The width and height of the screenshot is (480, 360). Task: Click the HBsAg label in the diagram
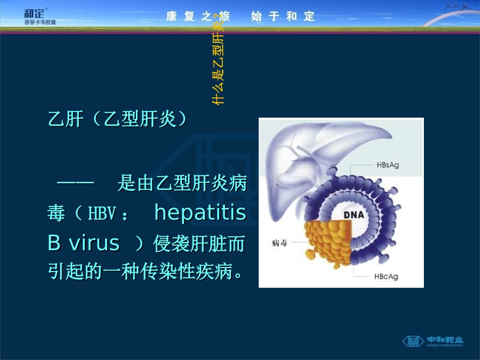388,165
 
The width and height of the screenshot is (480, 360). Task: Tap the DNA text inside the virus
354,215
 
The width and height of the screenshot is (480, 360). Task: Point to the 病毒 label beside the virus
279,243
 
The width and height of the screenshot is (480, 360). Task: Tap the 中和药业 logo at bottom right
433,341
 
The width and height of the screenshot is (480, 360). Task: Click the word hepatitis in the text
200,213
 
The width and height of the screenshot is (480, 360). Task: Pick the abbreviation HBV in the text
103,214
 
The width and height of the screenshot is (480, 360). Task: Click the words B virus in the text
83,243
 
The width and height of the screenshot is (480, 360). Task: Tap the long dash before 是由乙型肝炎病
76,183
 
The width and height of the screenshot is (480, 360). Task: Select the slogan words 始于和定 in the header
282,16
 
